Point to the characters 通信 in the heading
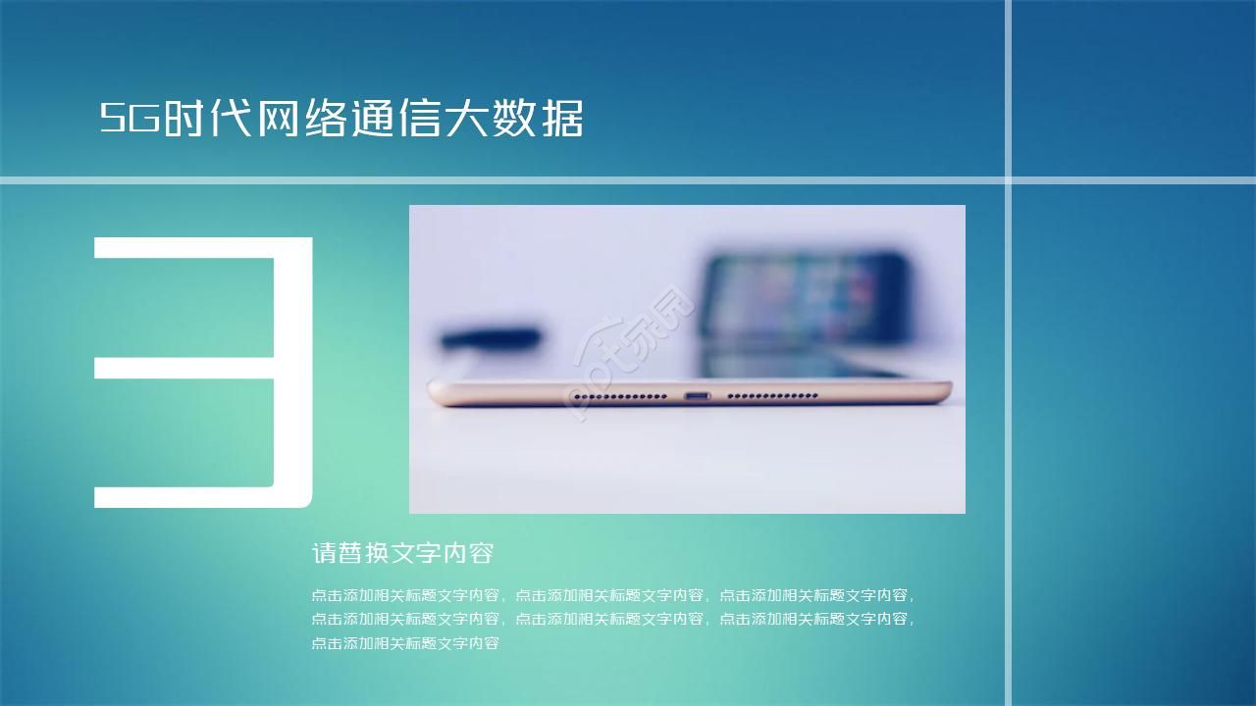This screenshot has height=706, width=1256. coord(396,119)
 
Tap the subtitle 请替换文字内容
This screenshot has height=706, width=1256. coord(402,553)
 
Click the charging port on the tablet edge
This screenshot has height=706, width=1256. coord(697,396)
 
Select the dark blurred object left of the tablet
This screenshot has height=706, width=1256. coord(490,339)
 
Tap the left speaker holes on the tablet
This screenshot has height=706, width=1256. coord(619,396)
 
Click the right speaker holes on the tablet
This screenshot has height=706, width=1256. coord(772,396)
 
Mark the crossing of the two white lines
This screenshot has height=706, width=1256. coord(1008,179)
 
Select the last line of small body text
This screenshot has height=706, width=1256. coord(405,643)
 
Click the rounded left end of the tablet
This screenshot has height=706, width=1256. coord(438,393)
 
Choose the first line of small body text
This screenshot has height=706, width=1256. coord(613,594)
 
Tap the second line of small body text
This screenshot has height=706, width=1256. coord(613,619)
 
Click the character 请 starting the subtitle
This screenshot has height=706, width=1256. coord(323,553)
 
